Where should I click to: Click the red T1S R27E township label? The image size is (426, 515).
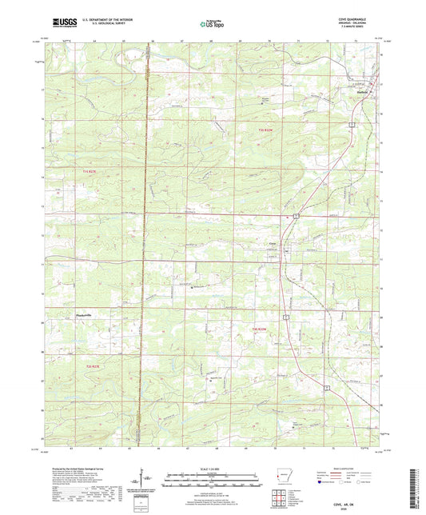point(94,171)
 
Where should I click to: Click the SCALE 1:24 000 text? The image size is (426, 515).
point(212,469)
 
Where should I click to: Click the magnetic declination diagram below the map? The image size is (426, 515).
point(142,480)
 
